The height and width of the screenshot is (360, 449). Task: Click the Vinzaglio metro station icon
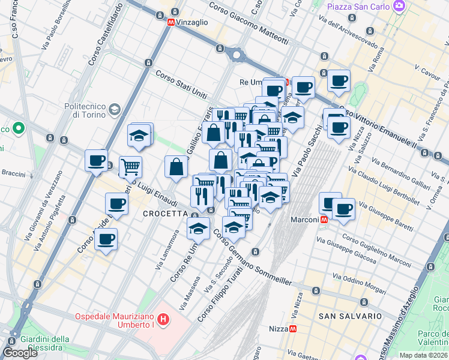tap(171, 22)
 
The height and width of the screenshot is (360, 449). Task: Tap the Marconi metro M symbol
tap(324, 220)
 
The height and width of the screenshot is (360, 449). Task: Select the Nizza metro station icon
tap(292, 329)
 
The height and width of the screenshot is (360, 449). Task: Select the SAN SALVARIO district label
tap(350, 316)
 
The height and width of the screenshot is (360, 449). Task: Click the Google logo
tap(20, 353)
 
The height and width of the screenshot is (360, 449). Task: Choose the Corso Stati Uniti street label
tap(181, 85)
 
